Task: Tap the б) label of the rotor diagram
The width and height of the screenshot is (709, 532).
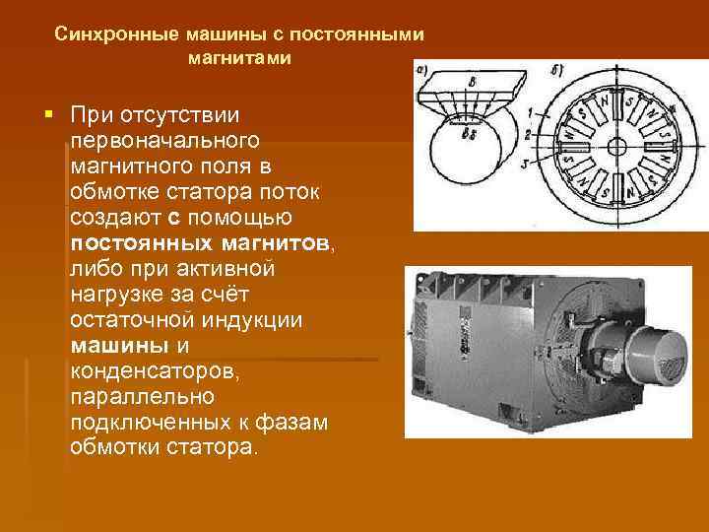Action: (557, 70)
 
